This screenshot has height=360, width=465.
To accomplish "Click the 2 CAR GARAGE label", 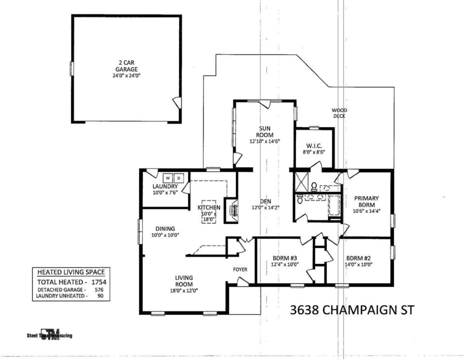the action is (x=126, y=66).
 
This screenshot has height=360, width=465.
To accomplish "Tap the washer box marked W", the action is (x=168, y=178).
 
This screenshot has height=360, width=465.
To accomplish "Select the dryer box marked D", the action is (x=179, y=178).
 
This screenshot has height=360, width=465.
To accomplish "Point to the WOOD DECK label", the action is (x=339, y=113).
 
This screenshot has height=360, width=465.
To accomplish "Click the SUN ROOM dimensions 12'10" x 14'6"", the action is (x=265, y=141).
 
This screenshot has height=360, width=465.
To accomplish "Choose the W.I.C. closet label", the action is (x=314, y=146).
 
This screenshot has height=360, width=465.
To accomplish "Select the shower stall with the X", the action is (x=302, y=182).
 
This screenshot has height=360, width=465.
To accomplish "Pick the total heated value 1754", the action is (x=99, y=282).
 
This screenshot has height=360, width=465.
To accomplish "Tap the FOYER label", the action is (x=240, y=269).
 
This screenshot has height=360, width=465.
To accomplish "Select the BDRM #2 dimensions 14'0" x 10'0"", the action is (x=358, y=264).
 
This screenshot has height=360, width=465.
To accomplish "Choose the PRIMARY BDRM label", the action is (x=367, y=202).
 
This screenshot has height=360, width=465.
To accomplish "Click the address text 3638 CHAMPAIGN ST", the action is (x=352, y=310).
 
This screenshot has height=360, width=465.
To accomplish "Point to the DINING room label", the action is (x=165, y=228).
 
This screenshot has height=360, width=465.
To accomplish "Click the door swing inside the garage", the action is (x=177, y=103).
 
